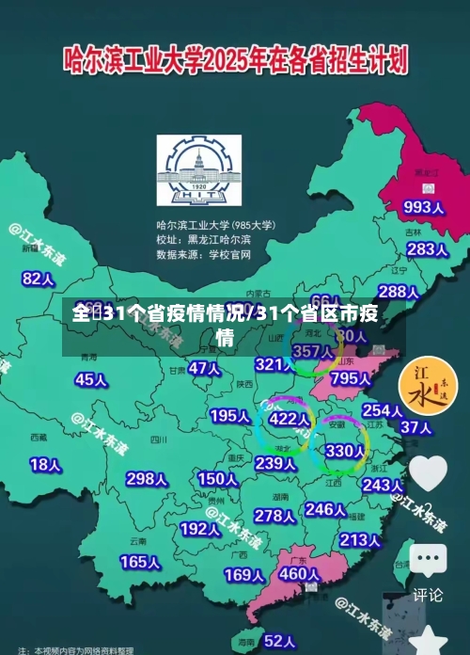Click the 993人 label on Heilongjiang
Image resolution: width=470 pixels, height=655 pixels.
click(x=423, y=206)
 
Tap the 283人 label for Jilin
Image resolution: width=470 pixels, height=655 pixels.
click(x=427, y=249)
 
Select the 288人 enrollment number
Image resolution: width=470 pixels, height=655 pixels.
click(x=398, y=292)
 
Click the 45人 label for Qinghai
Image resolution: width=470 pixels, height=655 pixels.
click(x=90, y=379)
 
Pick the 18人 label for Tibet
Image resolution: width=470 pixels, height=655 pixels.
click(x=45, y=464)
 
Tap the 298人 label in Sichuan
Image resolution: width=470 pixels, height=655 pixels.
click(x=146, y=478)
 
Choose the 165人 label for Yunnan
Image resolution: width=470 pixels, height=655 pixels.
click(x=139, y=561)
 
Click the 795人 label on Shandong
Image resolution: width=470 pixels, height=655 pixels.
click(x=351, y=377)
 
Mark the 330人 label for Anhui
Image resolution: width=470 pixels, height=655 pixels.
click(x=343, y=451)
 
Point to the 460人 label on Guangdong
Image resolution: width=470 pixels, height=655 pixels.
click(x=300, y=573)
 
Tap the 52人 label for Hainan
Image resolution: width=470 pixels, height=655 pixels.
click(x=279, y=640)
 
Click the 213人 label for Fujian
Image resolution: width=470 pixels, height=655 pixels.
click(x=360, y=540)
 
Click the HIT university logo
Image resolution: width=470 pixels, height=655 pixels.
click(x=198, y=171)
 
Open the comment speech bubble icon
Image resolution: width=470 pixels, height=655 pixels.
click(x=428, y=561)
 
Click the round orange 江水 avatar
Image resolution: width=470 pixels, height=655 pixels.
click(x=428, y=387)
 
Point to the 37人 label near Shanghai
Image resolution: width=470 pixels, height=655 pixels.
click(x=415, y=427)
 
